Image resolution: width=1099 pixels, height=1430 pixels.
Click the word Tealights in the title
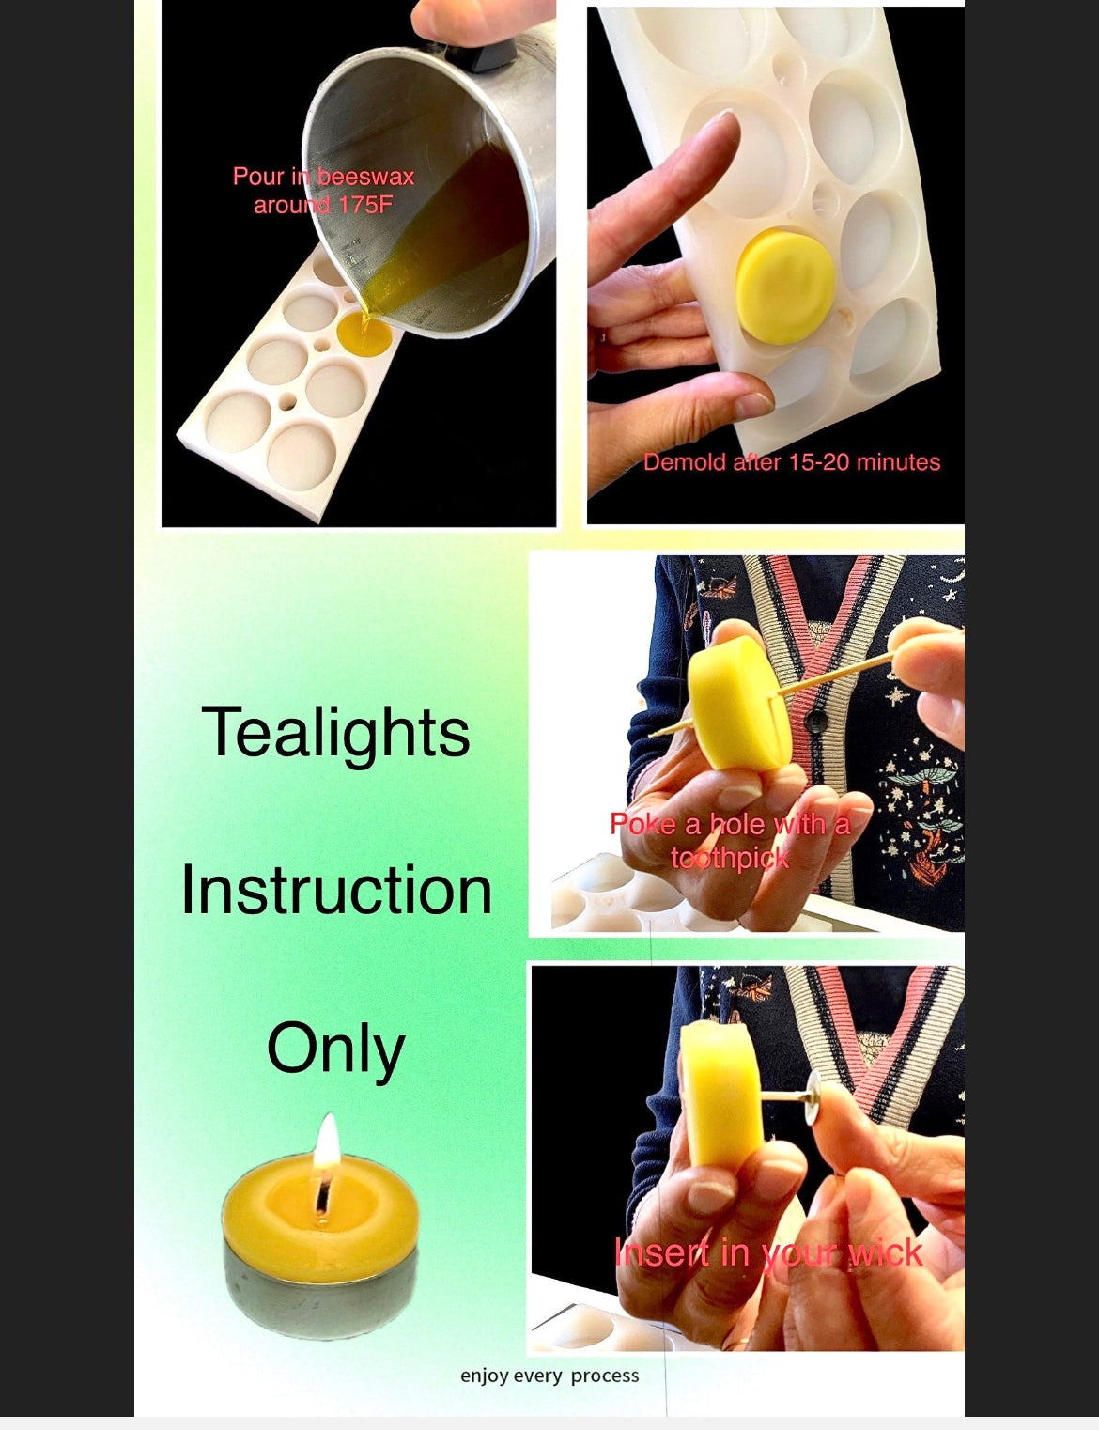(335, 733)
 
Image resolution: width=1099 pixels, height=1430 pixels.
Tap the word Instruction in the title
(336, 890)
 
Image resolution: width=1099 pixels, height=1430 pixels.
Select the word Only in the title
(335, 1049)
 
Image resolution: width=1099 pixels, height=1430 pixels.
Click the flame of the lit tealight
(327, 1142)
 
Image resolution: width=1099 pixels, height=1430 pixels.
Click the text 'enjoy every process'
(549, 1376)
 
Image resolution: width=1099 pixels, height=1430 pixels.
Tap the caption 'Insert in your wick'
(768, 1252)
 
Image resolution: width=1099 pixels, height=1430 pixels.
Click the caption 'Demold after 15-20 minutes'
(792, 462)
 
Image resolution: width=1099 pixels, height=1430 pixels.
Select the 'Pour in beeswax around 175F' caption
(323, 190)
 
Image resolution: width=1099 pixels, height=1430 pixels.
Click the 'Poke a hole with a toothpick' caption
(730, 840)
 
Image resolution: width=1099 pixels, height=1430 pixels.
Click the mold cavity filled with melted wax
(364, 334)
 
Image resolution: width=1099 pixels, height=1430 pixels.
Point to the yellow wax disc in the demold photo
(784, 287)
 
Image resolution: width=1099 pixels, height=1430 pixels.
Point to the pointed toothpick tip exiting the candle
(652, 734)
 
